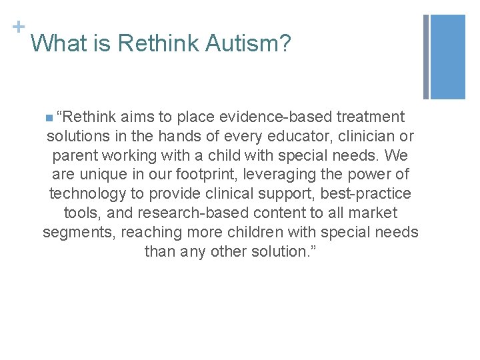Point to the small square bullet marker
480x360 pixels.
click(49, 119)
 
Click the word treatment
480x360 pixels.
click(371, 117)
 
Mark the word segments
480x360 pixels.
click(74, 233)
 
